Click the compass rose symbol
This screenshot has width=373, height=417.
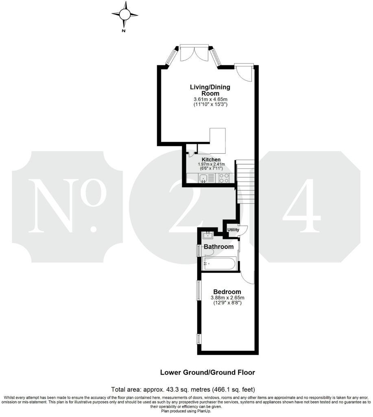124,15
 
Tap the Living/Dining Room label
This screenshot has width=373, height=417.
210,90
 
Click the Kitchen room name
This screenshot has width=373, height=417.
211,159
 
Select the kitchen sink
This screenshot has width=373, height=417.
203,178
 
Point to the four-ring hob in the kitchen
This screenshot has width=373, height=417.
224,178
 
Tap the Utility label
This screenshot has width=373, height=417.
233,230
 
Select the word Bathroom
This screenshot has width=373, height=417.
218,247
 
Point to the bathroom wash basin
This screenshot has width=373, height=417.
208,234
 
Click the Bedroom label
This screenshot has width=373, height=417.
227,292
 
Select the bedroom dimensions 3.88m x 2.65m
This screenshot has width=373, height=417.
227,298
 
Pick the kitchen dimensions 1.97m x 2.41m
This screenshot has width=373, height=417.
211,165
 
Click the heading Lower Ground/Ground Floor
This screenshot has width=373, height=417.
207,372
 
